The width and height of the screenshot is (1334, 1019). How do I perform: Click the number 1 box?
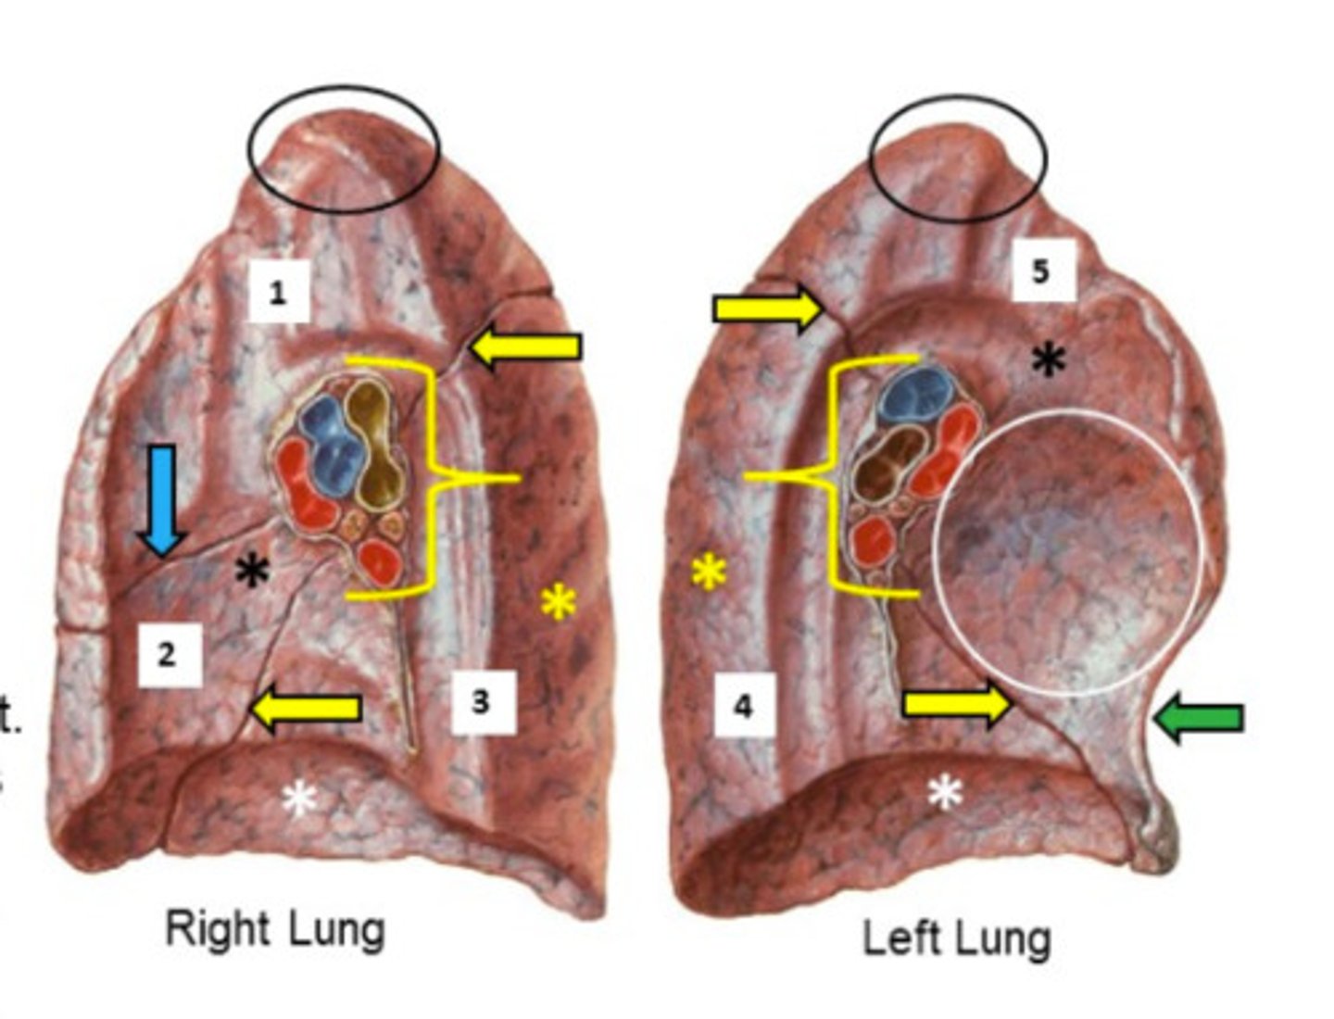pos(278,292)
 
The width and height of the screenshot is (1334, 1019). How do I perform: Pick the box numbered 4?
pos(743,706)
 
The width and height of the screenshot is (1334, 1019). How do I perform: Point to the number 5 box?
pos(1041,270)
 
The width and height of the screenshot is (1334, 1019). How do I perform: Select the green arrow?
pos(1200,719)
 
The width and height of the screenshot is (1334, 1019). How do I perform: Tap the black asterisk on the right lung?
pos(252,571)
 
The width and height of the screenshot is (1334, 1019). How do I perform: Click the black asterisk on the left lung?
pos(1049,359)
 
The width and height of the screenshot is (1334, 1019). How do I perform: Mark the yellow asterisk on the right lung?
pos(559,603)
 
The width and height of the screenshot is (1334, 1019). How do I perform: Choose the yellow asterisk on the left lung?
pos(709,572)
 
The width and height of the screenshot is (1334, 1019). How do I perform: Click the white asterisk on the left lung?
pos(945,792)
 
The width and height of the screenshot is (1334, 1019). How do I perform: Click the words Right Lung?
pos(274,929)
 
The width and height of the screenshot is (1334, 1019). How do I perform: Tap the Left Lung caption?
pos(956,938)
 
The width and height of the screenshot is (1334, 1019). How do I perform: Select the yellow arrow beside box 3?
pos(306,710)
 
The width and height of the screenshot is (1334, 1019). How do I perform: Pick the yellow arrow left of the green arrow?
pos(958,704)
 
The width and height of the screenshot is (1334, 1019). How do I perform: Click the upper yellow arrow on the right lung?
pos(525,348)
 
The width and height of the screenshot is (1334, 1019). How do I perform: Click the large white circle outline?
pos(934,551)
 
